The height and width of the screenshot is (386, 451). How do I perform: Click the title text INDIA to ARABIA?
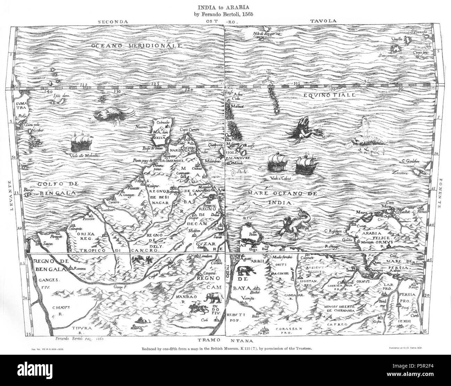click(226, 6)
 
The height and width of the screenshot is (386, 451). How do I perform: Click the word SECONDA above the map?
click(113, 21)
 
